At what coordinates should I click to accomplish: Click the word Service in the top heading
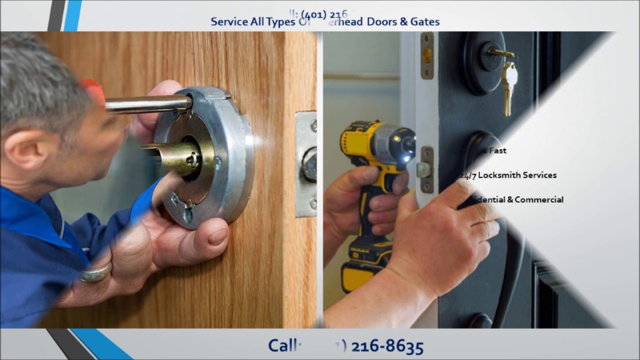pyautogui.click(x=229, y=22)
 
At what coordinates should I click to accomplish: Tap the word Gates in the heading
pyautogui.click(x=424, y=22)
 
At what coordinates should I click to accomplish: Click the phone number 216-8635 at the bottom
pyautogui.click(x=387, y=346)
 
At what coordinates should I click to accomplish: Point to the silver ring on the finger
pyautogui.click(x=95, y=273)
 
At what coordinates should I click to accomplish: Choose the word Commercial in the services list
pyautogui.click(x=539, y=199)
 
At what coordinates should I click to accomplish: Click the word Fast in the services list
pyautogui.click(x=498, y=150)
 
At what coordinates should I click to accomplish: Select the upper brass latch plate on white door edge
pyautogui.click(x=427, y=55)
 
